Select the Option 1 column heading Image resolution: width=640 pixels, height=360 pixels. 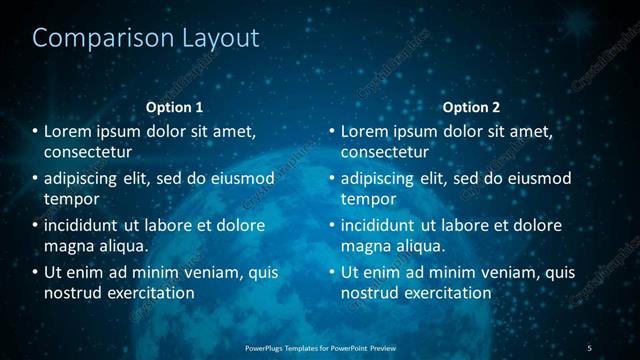pos(174,107)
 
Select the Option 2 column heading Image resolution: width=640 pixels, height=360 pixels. pos(471,107)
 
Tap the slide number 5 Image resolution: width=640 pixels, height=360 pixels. pos(589,347)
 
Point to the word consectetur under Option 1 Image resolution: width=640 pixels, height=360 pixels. pos(88,152)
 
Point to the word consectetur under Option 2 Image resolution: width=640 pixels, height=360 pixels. pos(385,152)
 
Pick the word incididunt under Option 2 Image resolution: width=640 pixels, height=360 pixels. pos(379,225)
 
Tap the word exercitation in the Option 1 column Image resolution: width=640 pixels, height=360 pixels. pos(152,293)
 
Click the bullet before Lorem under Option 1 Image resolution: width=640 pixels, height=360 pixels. pos(35,131)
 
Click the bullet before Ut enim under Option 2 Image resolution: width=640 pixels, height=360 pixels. pos(332,272)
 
